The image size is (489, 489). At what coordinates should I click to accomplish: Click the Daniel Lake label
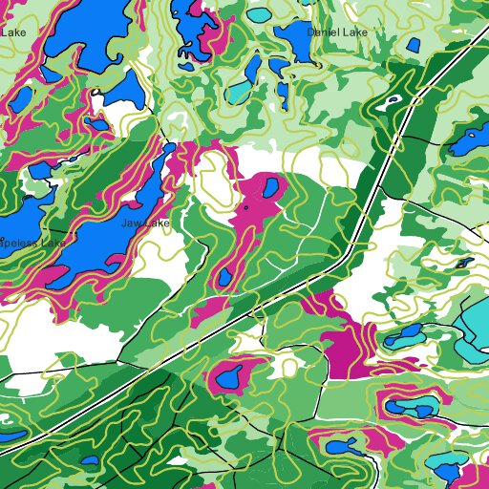337,32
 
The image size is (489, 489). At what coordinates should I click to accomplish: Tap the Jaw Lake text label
145,223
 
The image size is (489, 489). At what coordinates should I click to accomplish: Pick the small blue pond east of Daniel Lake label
413,44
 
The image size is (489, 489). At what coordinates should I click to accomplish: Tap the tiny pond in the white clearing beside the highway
392,100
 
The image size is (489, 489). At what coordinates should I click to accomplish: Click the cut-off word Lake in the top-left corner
13,32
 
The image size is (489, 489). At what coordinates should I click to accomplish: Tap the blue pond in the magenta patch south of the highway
230,379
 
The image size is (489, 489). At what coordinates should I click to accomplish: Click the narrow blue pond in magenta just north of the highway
225,277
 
